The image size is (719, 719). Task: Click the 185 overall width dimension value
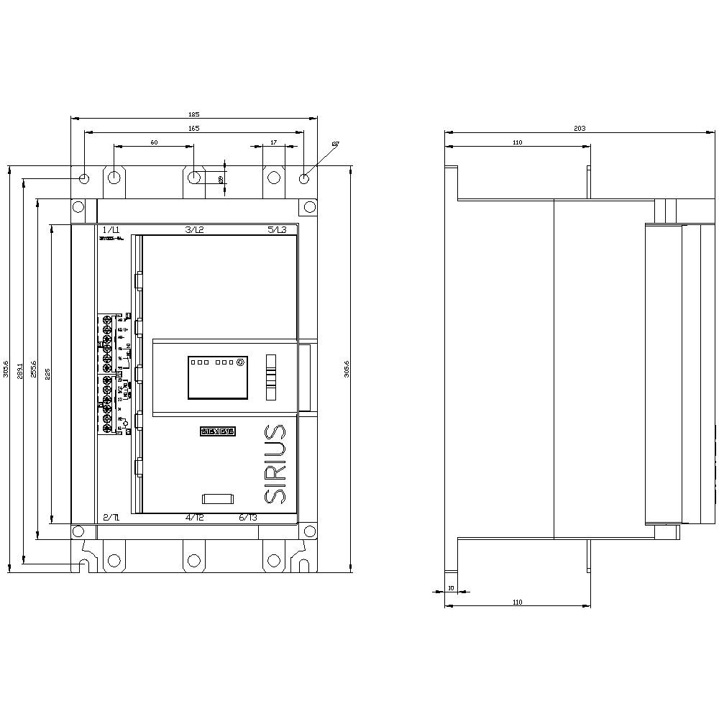193,114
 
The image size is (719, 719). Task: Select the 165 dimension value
193,128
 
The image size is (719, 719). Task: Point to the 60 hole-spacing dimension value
154,142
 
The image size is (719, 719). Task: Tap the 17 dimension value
273,142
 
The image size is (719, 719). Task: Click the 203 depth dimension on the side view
580,129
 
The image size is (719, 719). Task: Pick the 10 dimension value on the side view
451,588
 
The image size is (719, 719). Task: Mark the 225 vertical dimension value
48,373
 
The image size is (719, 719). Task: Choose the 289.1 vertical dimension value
20,371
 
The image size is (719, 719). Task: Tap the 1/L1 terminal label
111,229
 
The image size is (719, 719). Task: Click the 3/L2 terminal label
195,229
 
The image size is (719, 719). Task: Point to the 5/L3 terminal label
277,229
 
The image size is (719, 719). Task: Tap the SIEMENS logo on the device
217,431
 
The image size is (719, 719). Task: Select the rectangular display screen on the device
219,377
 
